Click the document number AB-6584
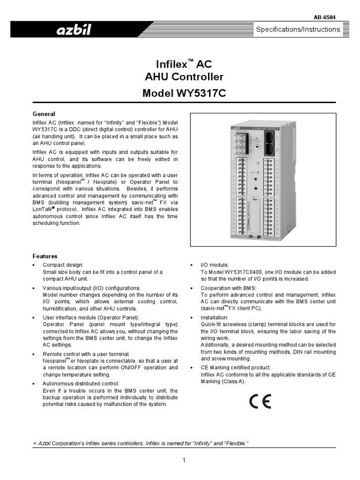[x=324, y=17]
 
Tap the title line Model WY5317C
[x=184, y=93]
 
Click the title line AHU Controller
[x=184, y=77]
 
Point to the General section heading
[x=44, y=114]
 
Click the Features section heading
[x=45, y=256]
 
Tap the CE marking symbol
[x=260, y=402]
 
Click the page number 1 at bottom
[x=184, y=460]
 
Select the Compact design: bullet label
[x=63, y=265]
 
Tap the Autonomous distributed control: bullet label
[x=81, y=383]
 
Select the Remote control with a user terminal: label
[x=86, y=354]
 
